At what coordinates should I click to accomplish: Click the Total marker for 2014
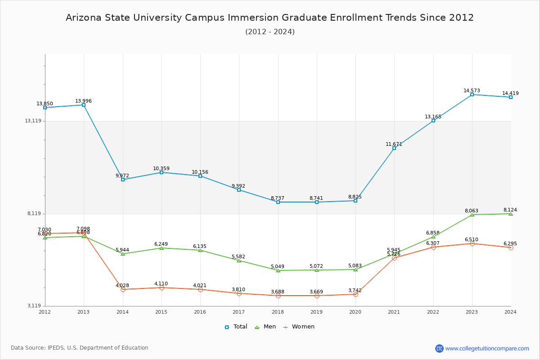(x=123, y=180)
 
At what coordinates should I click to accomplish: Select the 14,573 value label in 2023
(x=472, y=90)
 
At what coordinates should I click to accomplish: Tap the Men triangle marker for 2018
(x=278, y=270)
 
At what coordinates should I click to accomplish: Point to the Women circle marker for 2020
(x=355, y=294)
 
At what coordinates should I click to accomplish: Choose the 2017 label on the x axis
(x=239, y=312)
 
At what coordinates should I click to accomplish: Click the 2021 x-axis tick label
(x=394, y=312)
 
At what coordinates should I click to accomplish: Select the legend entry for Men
(x=265, y=327)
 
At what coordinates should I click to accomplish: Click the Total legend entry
(x=236, y=327)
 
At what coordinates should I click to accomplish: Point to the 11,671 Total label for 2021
(x=394, y=144)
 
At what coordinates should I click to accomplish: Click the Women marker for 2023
(x=472, y=243)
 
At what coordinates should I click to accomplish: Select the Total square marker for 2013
(x=84, y=105)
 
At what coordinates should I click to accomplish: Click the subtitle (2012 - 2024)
(x=270, y=32)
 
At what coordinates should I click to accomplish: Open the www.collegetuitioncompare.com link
(x=487, y=348)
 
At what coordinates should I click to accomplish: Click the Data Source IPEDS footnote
(x=80, y=348)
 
